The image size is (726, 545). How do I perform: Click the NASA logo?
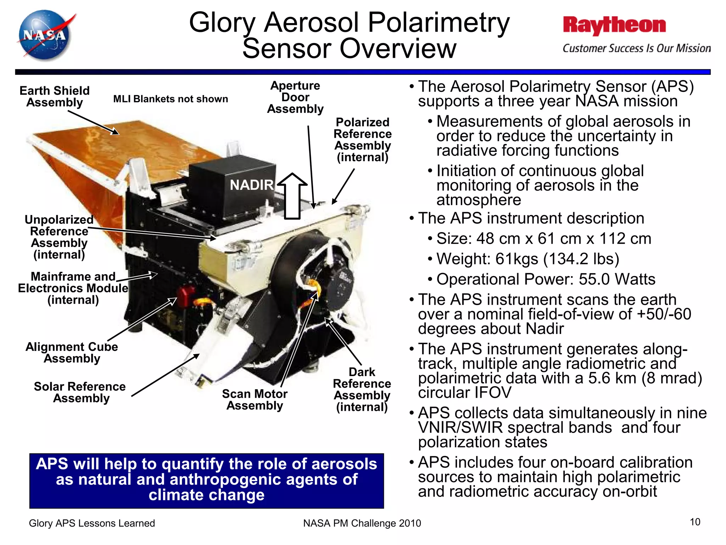coord(45,35)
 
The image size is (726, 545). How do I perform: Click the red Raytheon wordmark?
coord(614,26)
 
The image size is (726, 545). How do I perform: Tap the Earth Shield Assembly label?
coord(54,97)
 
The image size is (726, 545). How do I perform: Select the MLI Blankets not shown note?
coord(171,99)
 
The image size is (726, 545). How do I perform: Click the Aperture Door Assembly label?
coord(295,97)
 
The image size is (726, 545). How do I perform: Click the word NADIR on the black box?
coord(251,185)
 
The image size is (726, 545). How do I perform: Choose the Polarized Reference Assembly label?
coord(362,140)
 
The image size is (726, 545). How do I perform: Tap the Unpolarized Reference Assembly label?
coord(59,237)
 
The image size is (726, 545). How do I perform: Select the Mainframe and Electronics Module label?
coord(73,288)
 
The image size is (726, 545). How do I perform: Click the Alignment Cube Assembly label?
coord(72,352)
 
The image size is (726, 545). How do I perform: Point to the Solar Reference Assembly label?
coord(80,392)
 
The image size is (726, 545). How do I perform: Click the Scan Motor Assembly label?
coord(255,400)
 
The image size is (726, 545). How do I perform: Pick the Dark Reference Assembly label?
coord(362,389)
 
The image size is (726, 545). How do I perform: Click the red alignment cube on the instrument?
coord(185,296)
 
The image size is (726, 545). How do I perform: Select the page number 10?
coord(695,522)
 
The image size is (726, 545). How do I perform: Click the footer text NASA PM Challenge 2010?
coord(362,523)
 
